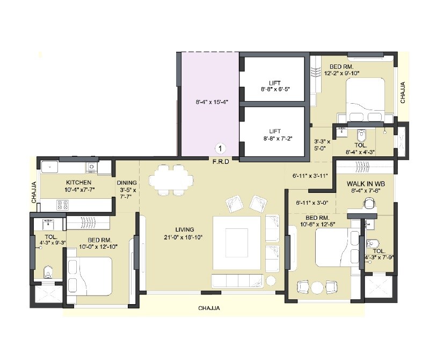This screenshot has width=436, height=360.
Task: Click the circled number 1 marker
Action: (x=220, y=148)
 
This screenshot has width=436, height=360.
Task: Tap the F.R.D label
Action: (x=221, y=161)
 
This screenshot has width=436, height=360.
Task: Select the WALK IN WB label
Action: (x=366, y=184)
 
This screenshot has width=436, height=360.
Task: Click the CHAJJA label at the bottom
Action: (x=209, y=308)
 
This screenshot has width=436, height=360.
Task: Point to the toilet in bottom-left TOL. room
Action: (x=47, y=271)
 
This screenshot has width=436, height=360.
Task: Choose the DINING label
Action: (x=127, y=183)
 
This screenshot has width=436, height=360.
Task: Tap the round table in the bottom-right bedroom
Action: (x=317, y=287)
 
